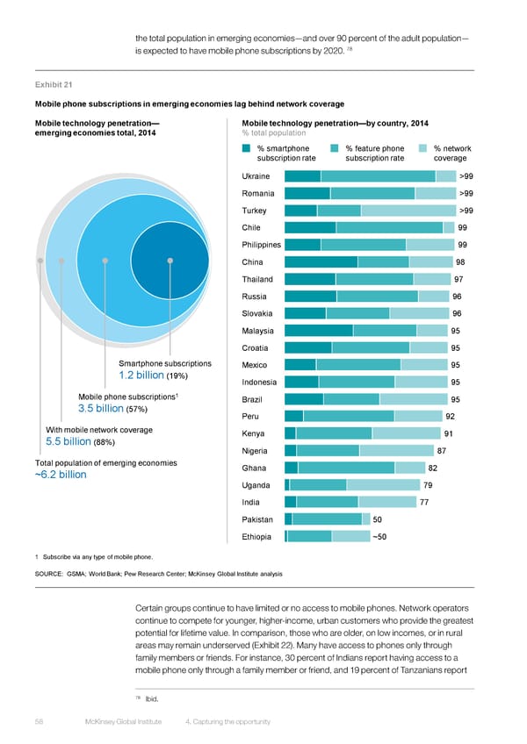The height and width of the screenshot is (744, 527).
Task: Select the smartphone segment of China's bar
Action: click(321, 262)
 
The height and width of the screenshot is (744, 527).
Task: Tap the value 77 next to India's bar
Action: click(425, 502)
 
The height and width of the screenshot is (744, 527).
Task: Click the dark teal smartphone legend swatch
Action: click(248, 148)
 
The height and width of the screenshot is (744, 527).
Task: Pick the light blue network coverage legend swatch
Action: click(422, 148)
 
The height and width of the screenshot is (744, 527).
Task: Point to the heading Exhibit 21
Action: click(52, 85)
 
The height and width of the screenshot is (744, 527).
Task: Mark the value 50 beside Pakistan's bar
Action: click(378, 519)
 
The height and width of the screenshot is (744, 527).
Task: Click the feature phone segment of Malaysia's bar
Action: click(385, 331)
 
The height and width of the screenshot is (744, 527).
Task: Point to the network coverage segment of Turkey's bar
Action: click(408, 211)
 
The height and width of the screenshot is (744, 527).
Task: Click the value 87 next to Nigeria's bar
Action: click(442, 451)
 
